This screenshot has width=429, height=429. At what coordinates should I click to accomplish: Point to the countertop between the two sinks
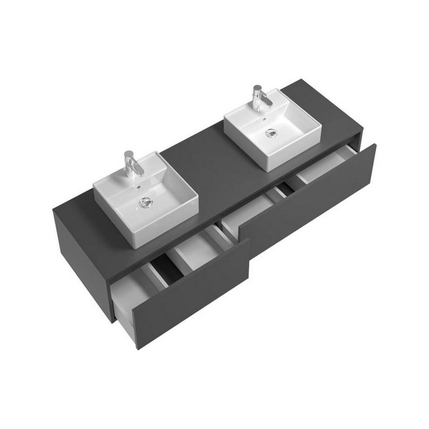[205, 159]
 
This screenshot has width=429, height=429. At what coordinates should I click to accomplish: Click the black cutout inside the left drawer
[166, 269]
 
